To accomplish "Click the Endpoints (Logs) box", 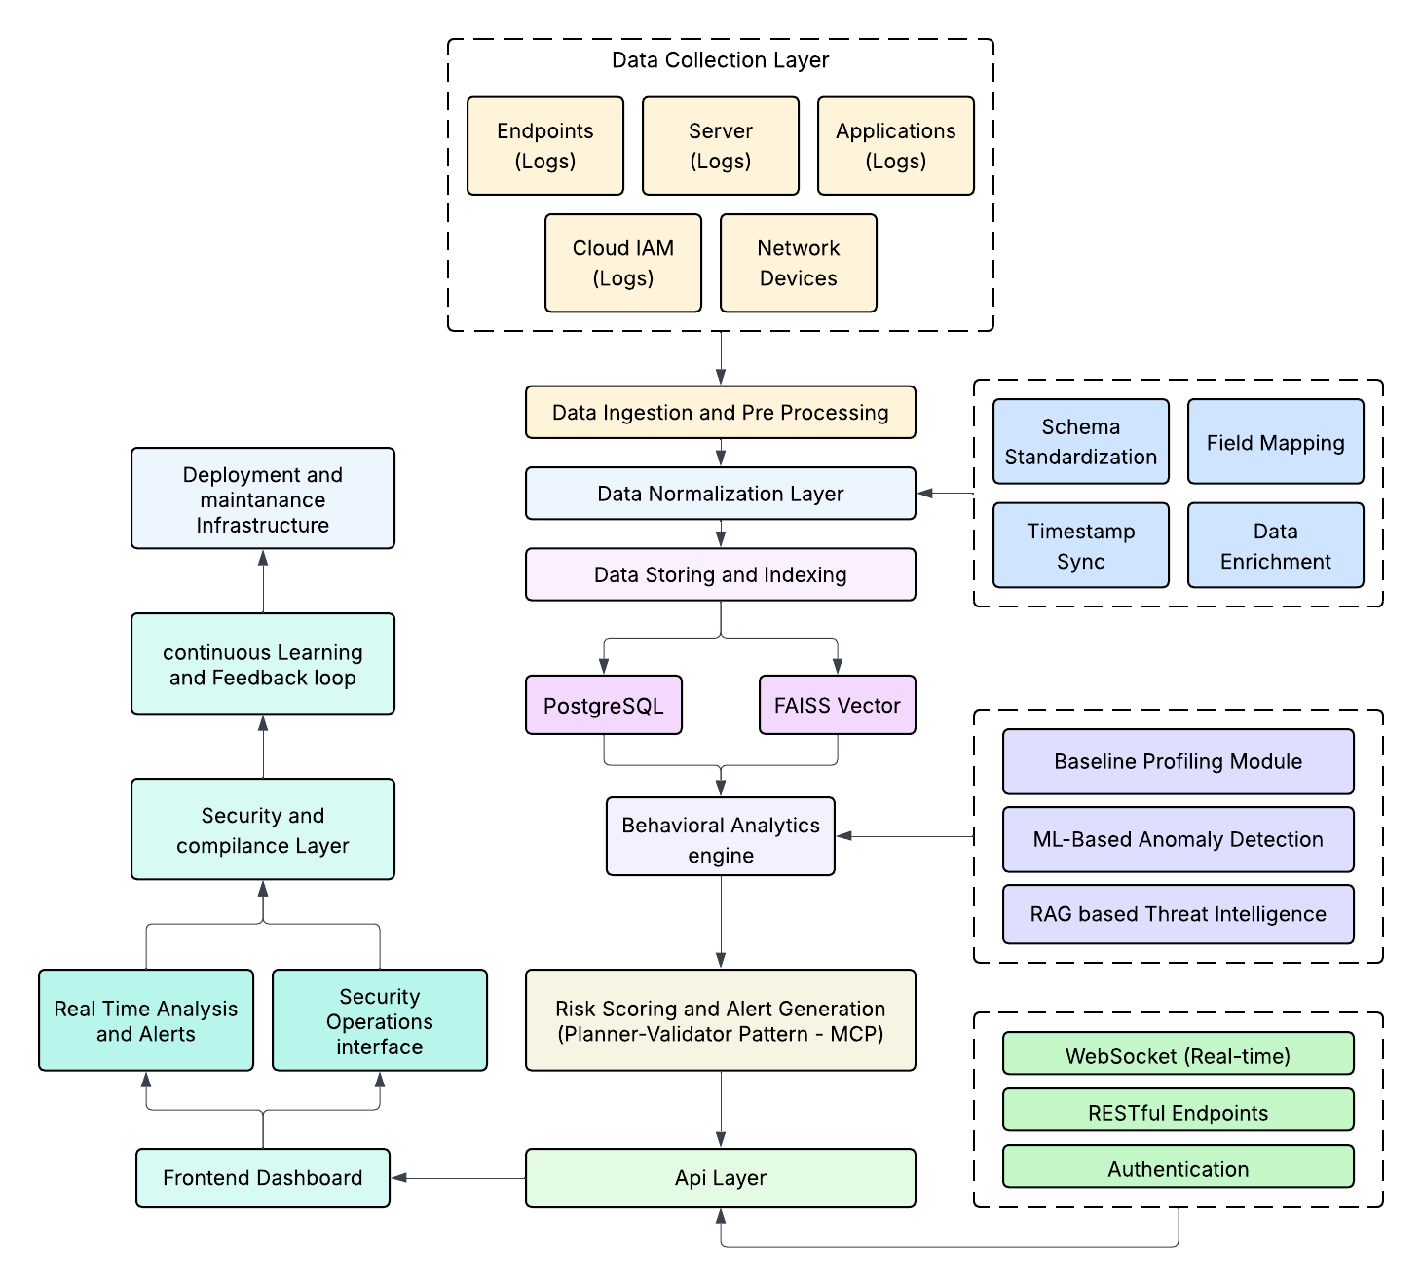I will coord(544,146).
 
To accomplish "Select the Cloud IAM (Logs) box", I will coord(622,263).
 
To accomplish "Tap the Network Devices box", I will coord(798,263).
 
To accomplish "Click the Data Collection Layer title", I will coord(720,60).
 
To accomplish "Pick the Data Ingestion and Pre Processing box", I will coord(720,413).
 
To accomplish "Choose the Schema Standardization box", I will coord(1080,442).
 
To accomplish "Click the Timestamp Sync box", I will coord(1080,545).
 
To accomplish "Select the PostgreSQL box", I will coord(603,705).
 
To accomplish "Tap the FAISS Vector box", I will coord(837,705).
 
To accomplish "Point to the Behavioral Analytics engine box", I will coord(720,837).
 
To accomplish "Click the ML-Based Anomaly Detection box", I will coord(1178,839).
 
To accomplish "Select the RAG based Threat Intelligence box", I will coord(1178,914).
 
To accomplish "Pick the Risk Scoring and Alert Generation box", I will coord(720,1020).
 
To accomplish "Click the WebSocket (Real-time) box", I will coord(1178,1054).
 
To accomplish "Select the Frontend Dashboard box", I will coord(262,1178).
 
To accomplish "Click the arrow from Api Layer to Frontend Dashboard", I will coord(458,1178).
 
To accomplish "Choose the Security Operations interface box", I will coord(379,1020).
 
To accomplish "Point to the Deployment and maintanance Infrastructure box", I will coord(262,498).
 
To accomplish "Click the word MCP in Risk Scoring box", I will coord(855,1034).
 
